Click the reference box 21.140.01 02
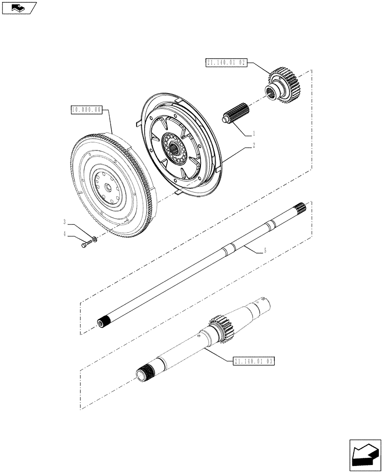[x=227, y=62]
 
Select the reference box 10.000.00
[x=86, y=109]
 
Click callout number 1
[x=253, y=133]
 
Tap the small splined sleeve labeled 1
[x=235, y=116]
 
